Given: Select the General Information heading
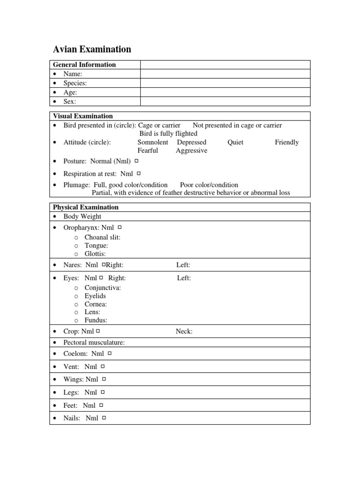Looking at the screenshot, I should [x=84, y=65].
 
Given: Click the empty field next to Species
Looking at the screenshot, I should [x=225, y=83].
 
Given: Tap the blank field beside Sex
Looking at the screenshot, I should [x=225, y=101].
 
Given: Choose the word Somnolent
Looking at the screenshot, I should [x=153, y=142].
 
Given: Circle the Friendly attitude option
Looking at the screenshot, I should [x=286, y=142].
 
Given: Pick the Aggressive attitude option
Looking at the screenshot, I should [x=191, y=150].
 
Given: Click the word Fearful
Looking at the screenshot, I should [x=148, y=150].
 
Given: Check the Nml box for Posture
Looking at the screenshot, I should [x=136, y=161].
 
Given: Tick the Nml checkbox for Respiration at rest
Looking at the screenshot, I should [x=139, y=173].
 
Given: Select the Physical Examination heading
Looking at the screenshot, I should [x=86, y=207].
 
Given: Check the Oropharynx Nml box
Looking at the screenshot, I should [x=120, y=227].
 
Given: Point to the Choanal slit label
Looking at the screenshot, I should [x=102, y=237].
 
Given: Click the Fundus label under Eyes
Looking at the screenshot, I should [x=96, y=320].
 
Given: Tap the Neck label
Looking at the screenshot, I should [x=184, y=331].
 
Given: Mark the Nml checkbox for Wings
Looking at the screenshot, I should [x=104, y=379].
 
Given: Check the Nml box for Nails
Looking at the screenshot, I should [x=104, y=418].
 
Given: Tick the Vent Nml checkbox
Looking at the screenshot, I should [x=103, y=366].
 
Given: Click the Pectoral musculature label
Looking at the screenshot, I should [x=94, y=343].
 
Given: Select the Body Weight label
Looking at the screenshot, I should [x=82, y=217].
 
